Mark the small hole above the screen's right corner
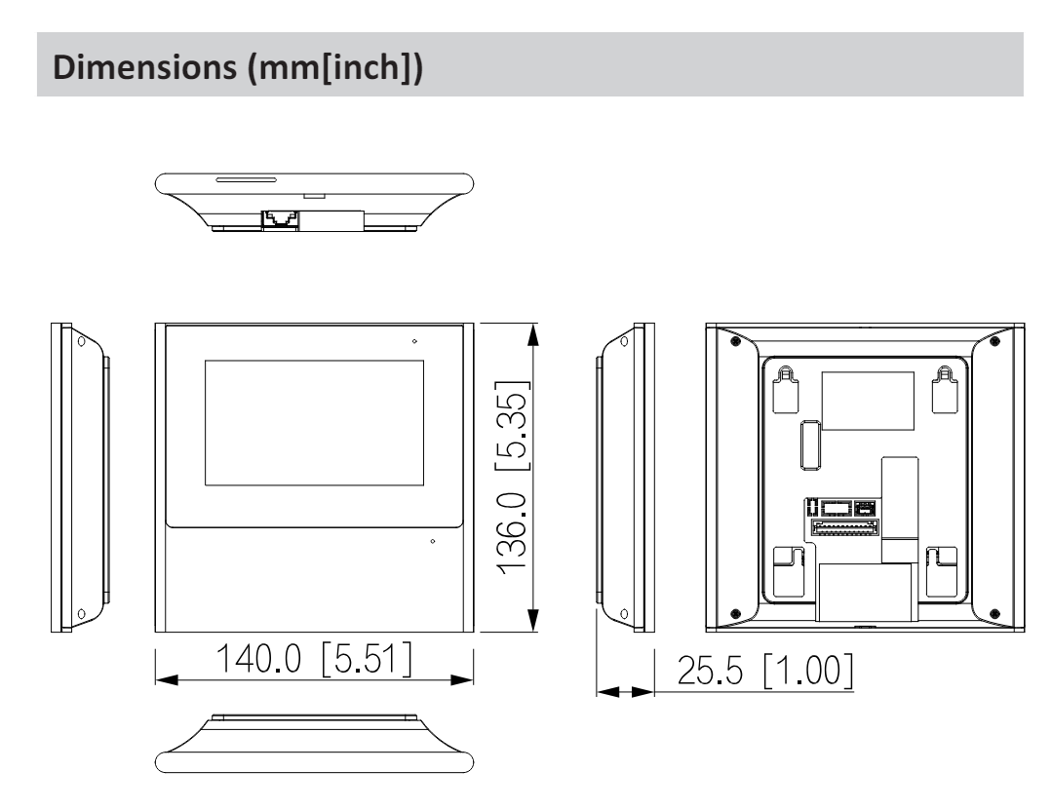[x=414, y=341]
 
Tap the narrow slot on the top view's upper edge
[x=246, y=180]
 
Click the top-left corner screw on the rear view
[x=734, y=340]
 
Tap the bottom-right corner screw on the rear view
[x=994, y=613]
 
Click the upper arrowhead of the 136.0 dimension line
[x=532, y=336]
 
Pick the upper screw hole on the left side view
[x=81, y=343]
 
